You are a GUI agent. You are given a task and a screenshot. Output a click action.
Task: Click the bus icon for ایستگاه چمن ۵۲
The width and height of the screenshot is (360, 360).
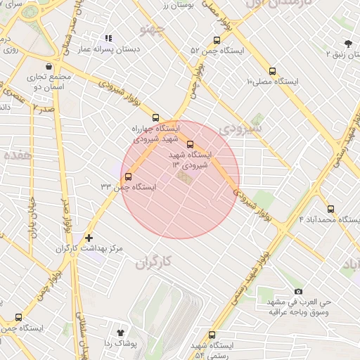tap(217, 40)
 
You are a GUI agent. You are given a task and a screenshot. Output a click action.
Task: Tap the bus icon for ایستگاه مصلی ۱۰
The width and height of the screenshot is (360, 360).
tap(273, 70)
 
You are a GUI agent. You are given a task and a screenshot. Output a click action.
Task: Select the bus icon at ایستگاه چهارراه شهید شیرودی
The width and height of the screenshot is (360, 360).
tap(155, 118)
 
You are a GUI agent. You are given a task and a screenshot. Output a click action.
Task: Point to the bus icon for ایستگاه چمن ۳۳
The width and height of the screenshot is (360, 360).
tap(128, 176)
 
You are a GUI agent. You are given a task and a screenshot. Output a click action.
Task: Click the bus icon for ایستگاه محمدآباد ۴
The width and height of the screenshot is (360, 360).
tap(331, 208)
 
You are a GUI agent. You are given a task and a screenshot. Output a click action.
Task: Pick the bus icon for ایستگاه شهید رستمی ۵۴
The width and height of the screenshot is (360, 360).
tap(212, 335)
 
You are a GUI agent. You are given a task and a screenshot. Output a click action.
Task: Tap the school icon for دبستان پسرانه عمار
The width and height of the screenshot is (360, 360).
tap(108, 39)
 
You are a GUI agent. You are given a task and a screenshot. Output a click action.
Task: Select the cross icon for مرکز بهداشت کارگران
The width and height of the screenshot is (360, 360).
tap(89, 238)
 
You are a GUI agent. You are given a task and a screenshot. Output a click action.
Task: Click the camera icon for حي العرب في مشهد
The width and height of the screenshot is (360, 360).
tap(298, 291)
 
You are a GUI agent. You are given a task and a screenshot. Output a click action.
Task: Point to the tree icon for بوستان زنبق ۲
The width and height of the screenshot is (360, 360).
tap(347, 43)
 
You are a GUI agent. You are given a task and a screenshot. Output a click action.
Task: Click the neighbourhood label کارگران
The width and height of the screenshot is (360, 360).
tap(152, 262)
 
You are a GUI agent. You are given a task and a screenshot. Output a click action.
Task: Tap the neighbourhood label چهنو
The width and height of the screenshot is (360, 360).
tap(153, 30)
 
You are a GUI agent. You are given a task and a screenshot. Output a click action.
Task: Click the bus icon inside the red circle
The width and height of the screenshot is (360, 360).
tap(190, 144)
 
